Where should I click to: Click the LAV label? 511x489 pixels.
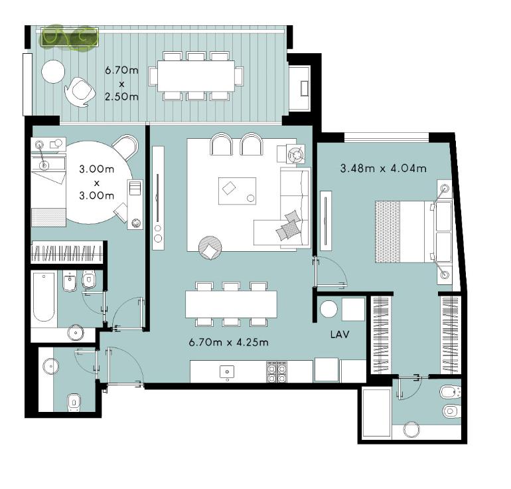pyautogui.click(x=340, y=334)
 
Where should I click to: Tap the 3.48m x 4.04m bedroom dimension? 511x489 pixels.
pyautogui.click(x=384, y=168)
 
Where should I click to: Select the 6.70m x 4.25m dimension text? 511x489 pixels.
pyautogui.click(x=229, y=342)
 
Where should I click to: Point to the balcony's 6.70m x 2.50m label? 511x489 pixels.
pyautogui.click(x=121, y=84)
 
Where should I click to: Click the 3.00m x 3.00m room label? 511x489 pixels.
pyautogui.click(x=97, y=182)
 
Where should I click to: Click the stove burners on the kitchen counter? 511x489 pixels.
pyautogui.click(x=277, y=371)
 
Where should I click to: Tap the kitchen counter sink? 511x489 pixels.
pyautogui.click(x=227, y=372)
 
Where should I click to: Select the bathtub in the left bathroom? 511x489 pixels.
pyautogui.click(x=44, y=298)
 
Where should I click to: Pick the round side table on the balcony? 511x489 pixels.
pyautogui.click(x=53, y=72)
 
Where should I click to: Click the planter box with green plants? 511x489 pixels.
pyautogui.click(x=70, y=37)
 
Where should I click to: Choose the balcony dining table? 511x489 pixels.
pyautogui.click(x=196, y=76)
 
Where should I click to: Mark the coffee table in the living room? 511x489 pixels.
pyautogui.click(x=238, y=191)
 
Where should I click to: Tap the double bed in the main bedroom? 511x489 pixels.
pyautogui.click(x=413, y=232)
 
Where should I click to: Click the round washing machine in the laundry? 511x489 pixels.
pyautogui.click(x=328, y=308)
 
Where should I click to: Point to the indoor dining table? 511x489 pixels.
pyautogui.click(x=231, y=304)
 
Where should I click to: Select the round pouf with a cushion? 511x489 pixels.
pyautogui.click(x=210, y=248)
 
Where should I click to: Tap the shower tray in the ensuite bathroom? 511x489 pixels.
pyautogui.click(x=377, y=412)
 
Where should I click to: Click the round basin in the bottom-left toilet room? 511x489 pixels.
pyautogui.click(x=51, y=366)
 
